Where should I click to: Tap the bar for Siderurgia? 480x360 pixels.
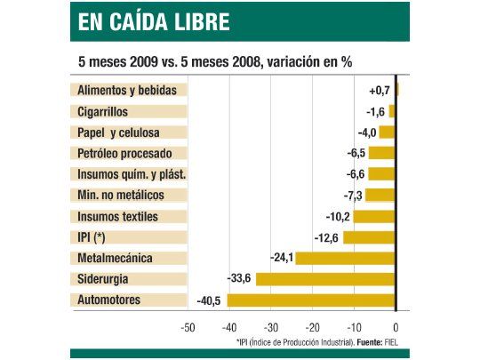[x=325, y=279]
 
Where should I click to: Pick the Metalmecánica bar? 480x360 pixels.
[x=345, y=258]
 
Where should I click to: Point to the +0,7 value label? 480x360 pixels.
[x=380, y=91]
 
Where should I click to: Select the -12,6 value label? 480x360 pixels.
[x=327, y=237]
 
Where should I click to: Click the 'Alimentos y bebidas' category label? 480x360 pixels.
[x=127, y=91]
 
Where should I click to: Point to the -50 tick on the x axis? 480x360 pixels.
[x=188, y=326]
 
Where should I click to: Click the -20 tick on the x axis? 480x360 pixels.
[x=312, y=326]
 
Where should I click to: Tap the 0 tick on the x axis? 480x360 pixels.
[x=396, y=326]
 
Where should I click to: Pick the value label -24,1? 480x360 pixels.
[x=282, y=258]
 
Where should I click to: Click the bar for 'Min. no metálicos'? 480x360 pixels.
[x=380, y=196]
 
